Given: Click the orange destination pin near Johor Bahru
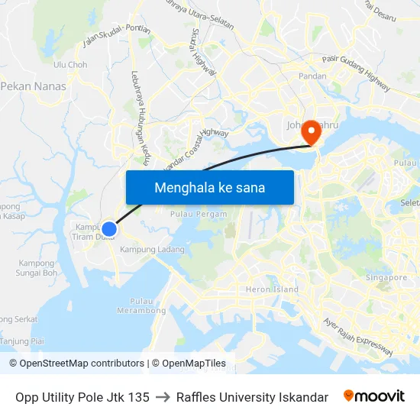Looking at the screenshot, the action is point(311,132).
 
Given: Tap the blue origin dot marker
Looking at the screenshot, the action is point(109,228).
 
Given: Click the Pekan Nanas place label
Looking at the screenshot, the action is point(34,87).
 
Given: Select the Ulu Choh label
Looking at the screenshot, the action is point(70,65).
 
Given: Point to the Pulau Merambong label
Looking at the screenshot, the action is point(141,306).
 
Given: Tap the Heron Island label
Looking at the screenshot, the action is point(272,289).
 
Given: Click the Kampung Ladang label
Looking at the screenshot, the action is point(152,250).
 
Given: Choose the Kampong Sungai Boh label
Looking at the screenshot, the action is point(37,267).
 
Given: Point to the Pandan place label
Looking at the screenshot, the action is point(312,77).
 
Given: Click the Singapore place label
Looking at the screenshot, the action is point(386,277).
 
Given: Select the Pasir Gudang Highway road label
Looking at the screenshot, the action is point(356,73).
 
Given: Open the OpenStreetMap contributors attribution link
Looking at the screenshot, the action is point(76,363).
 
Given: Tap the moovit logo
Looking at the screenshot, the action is point(373,396).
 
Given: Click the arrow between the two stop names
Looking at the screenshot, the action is point(163,397).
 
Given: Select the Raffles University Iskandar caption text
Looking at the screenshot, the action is point(252,397).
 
